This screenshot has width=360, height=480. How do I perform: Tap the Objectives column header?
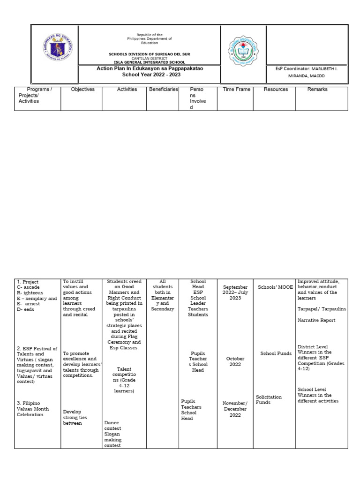tap(82, 89)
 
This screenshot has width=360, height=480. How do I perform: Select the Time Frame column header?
tap(237, 89)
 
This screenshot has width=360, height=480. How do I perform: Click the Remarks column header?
tap(317, 89)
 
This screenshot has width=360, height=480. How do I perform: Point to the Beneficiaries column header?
tap(163, 89)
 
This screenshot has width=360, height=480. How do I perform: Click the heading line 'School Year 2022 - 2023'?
tap(151, 75)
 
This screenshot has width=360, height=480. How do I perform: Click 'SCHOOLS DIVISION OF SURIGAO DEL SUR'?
tap(150, 54)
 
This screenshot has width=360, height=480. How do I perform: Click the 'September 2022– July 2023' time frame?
tap(235, 292)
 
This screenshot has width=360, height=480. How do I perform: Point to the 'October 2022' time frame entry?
tap(235, 362)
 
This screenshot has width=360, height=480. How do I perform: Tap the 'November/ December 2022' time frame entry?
tap(235, 409)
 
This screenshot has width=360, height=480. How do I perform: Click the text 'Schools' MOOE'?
tap(275, 287)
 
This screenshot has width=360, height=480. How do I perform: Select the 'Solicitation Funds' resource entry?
tap(269, 399)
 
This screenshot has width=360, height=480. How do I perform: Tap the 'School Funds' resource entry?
tap(276, 353)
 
